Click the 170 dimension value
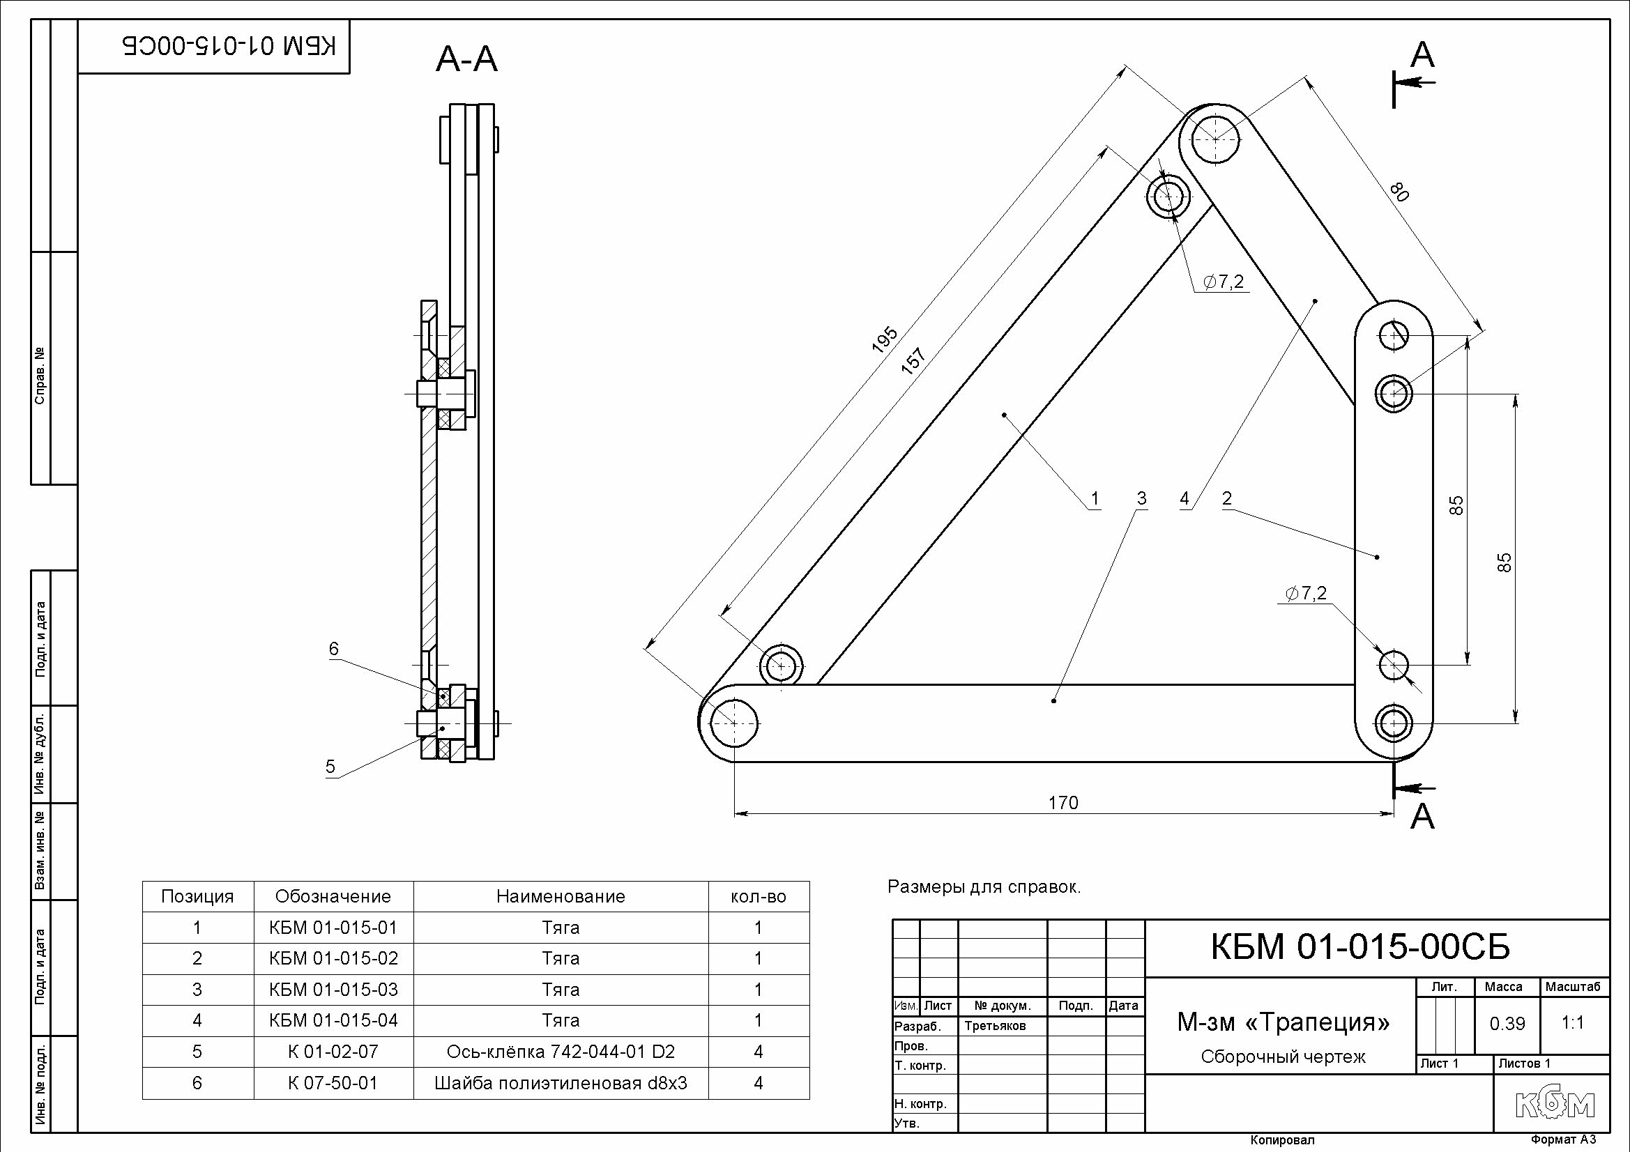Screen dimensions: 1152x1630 (x=1062, y=803)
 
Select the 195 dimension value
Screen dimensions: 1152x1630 (x=885, y=340)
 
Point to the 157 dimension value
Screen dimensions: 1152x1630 (x=915, y=359)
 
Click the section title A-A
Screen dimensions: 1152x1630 (x=466, y=60)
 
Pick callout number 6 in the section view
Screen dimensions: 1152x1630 (x=334, y=649)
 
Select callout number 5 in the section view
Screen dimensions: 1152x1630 (x=330, y=767)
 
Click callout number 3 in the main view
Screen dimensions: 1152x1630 (x=1141, y=498)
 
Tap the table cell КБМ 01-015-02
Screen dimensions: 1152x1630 (x=333, y=958)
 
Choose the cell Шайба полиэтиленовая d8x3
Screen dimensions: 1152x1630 (x=560, y=1083)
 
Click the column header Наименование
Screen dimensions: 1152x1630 (x=560, y=896)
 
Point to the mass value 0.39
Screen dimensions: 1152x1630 (x=1507, y=1024)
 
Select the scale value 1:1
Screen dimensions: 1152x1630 (x=1574, y=1023)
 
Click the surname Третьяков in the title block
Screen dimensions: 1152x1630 (x=995, y=1026)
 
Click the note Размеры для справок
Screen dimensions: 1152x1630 (x=984, y=886)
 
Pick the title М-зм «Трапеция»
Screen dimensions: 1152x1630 (x=1284, y=1022)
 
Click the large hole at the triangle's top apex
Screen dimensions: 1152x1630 (x=1215, y=139)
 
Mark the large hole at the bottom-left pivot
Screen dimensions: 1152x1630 (x=733, y=723)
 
